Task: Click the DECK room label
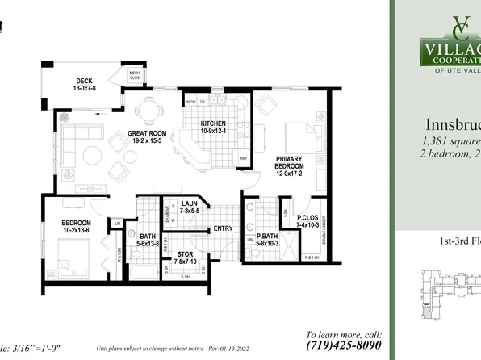(85, 81)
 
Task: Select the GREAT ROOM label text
(146, 134)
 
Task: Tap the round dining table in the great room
(147, 109)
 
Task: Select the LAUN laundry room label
(190, 204)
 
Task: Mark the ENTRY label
(223, 228)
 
